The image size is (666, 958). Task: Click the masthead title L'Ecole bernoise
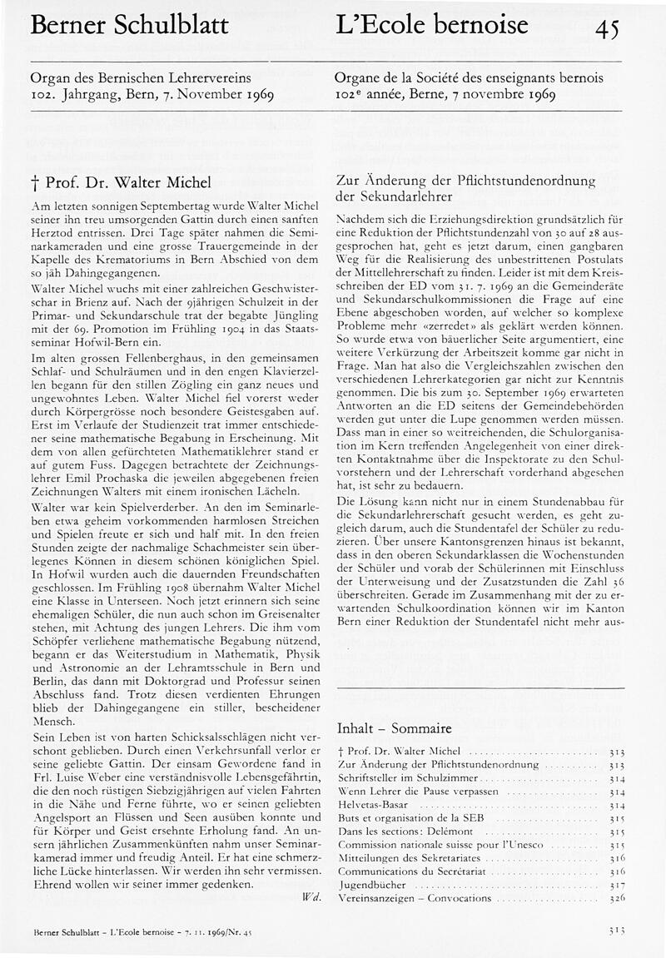point(431,26)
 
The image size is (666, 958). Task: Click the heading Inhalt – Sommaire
point(394,727)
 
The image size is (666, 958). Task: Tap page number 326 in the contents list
point(616,899)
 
